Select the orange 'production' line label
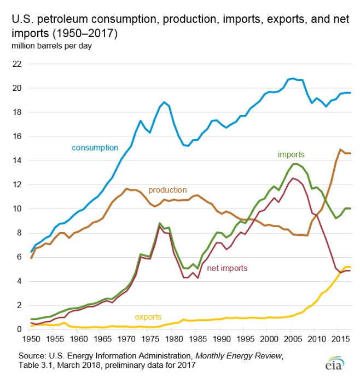167,190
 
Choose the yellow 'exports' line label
147,316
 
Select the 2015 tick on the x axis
338,340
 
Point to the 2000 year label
267,340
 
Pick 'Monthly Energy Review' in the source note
243,355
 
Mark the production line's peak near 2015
340,149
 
